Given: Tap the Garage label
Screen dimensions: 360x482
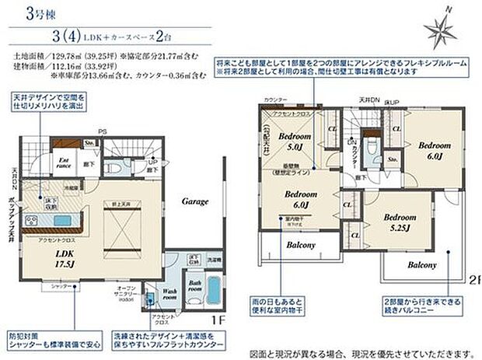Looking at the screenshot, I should [195, 201].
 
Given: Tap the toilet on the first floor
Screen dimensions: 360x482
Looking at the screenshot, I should [114, 165].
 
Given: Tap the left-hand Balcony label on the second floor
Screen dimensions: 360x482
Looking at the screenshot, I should [282, 245].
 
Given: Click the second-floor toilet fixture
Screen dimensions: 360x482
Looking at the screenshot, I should [370, 148].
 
